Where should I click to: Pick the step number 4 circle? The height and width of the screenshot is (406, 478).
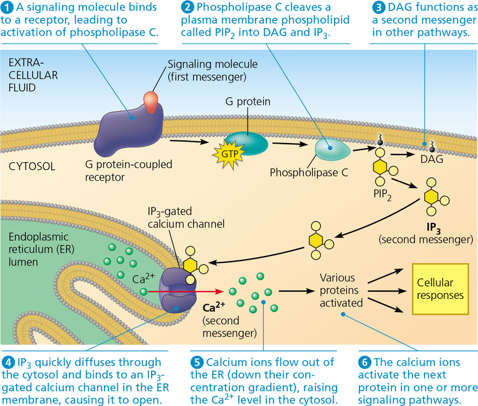click(x=7, y=362)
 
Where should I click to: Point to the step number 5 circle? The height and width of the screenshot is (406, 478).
click(x=198, y=362)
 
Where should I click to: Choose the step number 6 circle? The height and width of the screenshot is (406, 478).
click(x=365, y=362)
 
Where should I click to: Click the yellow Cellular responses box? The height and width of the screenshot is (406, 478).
click(x=440, y=288)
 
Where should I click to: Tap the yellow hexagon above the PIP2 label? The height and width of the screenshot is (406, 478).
click(x=380, y=168)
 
